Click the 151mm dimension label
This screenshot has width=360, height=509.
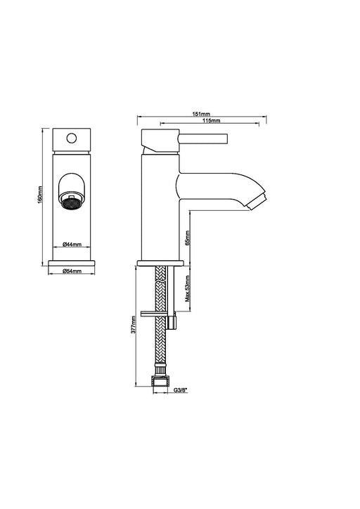point(201,114)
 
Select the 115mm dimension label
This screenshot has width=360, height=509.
point(212,120)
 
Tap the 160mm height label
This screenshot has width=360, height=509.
point(40,195)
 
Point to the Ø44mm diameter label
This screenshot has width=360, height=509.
point(72,244)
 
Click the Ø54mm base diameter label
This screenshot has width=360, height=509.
point(72,271)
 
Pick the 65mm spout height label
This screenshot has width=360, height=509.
point(187,238)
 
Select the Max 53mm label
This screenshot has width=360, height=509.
point(187,288)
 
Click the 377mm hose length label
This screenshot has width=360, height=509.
point(134,325)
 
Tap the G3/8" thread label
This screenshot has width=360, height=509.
point(181,390)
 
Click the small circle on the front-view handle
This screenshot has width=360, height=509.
point(72,138)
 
